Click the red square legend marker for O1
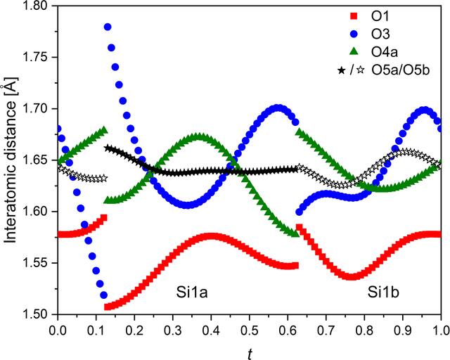pyautogui.click(x=354, y=16)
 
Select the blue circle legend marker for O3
pyautogui.click(x=354, y=34)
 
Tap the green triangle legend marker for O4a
pyautogui.click(x=354, y=51)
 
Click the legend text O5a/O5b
pyautogui.click(x=401, y=70)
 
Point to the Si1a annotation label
pyautogui.click(x=192, y=293)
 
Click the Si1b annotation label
pyautogui.click(x=383, y=293)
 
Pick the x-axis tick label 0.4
pyautogui.click(x=211, y=330)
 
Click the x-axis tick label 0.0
pyautogui.click(x=58, y=330)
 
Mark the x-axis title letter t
pyautogui.click(x=250, y=354)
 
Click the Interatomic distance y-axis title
pyautogui.click(x=11, y=160)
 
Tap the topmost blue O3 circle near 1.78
pyautogui.click(x=108, y=27)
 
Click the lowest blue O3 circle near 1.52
pyautogui.click(x=104, y=295)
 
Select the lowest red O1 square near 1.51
pyautogui.click(x=108, y=307)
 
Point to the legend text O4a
pyautogui.click(x=385, y=52)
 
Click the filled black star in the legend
pyautogui.click(x=342, y=70)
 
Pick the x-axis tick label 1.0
pyautogui.click(x=441, y=330)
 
